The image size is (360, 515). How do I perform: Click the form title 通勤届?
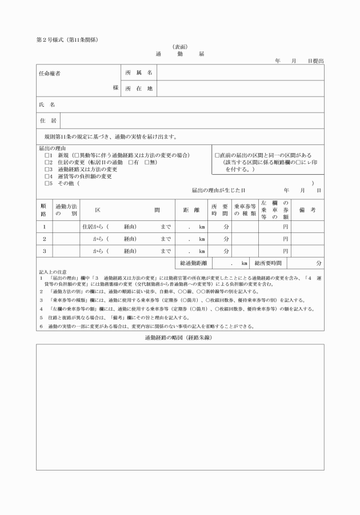click(x=179, y=54)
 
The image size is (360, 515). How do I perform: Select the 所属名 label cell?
click(x=139, y=73)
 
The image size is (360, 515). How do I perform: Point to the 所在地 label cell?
click(x=139, y=88)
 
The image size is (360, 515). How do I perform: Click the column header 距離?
click(x=191, y=210)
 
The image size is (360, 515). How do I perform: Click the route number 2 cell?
click(x=44, y=239)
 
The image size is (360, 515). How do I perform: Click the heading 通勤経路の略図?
click(x=179, y=338)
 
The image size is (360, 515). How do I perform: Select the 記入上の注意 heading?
click(x=53, y=272)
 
